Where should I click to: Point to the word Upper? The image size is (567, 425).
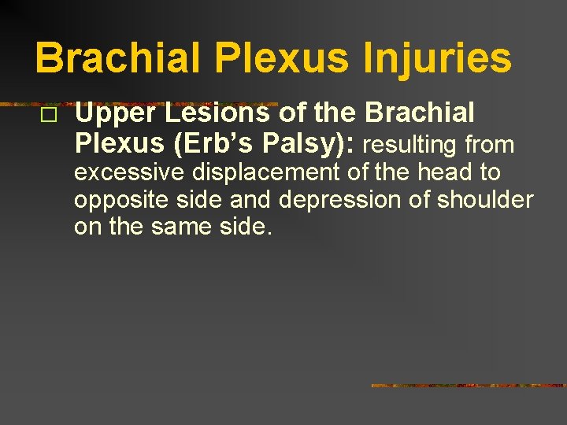click(107, 114)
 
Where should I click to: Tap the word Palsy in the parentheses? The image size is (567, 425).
click(291, 144)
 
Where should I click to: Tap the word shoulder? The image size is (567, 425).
click(484, 200)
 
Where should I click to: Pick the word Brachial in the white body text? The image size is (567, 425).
click(420, 114)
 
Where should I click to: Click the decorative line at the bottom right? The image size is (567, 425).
click(468, 386)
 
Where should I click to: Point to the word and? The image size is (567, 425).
click(251, 200)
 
